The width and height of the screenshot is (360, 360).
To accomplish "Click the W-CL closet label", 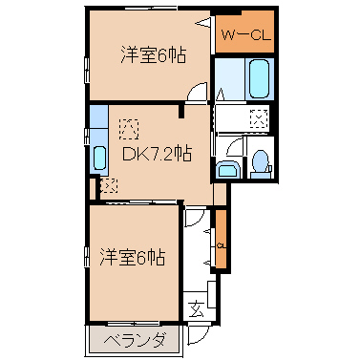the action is click(x=245, y=35).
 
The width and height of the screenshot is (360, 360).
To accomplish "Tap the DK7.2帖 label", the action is click(x=157, y=155).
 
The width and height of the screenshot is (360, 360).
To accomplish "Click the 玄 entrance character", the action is click(x=196, y=308).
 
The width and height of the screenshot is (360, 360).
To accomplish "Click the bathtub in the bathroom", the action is click(x=259, y=79).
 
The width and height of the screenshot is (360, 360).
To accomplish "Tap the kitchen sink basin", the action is click(x=99, y=159).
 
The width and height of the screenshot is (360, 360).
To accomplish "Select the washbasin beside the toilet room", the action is click(x=227, y=170).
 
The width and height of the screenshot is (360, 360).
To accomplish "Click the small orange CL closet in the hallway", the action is click(x=221, y=239).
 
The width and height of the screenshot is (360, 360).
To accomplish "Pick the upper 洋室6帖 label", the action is click(x=153, y=54).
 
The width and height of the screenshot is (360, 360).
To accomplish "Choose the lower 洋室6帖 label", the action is click(x=133, y=257).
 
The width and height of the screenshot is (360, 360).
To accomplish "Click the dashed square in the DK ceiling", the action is click(x=129, y=129).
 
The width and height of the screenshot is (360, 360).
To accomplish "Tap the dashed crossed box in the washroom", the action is click(x=258, y=118).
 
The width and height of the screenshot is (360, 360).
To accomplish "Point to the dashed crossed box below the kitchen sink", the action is click(x=109, y=185).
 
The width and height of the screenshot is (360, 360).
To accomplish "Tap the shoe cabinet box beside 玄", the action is click(x=212, y=294).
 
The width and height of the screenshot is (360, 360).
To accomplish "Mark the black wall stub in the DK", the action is click(x=181, y=111).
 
